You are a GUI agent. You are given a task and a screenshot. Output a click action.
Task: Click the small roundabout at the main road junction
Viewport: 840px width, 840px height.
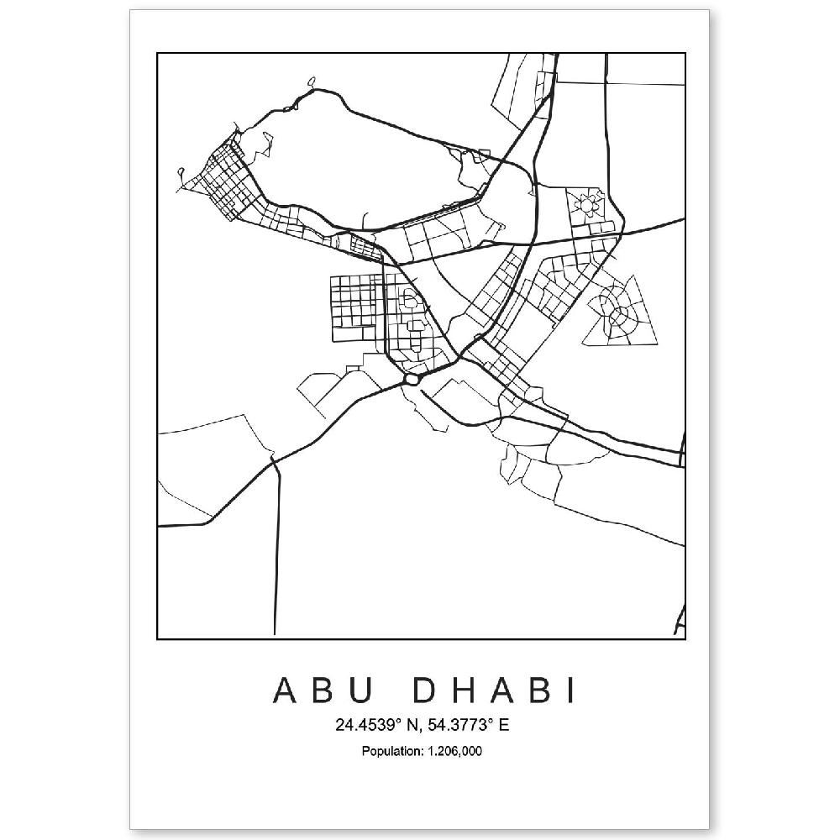point(411,380)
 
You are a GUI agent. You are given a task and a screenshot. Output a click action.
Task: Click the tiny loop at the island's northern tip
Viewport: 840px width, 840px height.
point(312,82)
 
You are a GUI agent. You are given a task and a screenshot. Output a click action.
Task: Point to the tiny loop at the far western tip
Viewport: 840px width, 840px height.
point(181,173)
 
